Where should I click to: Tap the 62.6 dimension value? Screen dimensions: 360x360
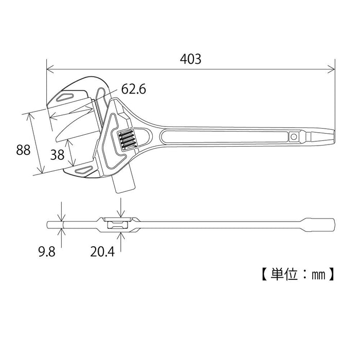click(x=134, y=89)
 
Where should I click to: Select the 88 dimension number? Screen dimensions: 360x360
click(x=23, y=150)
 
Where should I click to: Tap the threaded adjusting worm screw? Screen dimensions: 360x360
click(x=127, y=139)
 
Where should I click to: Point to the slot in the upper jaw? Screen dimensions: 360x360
click(x=66, y=97)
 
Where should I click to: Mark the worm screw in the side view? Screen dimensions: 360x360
click(x=116, y=224)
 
